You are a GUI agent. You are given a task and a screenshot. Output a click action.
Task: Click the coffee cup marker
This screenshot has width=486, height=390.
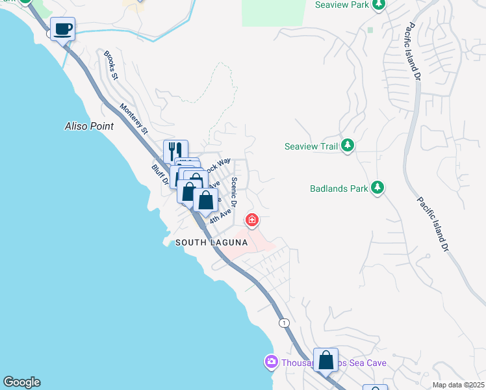63,29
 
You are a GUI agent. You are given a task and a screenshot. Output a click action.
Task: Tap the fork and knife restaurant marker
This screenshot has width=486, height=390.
175,151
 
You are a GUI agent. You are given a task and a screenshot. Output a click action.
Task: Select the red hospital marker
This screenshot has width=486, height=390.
251,220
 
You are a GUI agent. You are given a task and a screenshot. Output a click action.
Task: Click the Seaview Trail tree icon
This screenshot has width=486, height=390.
348,146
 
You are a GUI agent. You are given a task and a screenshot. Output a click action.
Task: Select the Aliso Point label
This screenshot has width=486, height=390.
90,125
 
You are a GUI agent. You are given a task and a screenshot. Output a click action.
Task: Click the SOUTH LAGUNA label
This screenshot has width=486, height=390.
211,242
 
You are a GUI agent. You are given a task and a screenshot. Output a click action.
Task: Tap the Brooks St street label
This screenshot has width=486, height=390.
110,66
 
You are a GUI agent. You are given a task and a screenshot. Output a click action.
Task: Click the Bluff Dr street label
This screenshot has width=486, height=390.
159,176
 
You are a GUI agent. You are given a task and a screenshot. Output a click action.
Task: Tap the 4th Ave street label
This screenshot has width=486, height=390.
220,216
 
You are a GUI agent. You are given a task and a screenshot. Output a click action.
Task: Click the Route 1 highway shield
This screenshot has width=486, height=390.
284,322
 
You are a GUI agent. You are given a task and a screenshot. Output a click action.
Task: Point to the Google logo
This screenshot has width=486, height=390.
21,382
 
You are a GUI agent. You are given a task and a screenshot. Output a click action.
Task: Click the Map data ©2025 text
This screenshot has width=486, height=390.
458,385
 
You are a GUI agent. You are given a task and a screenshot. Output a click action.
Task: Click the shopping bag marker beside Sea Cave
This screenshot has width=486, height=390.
326,359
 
